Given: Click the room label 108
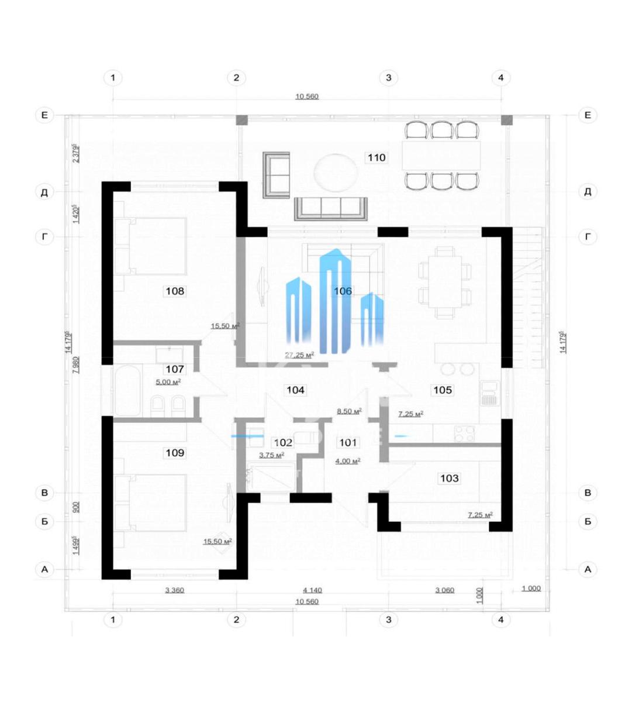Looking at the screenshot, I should (x=175, y=291).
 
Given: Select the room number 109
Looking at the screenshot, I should (x=175, y=452).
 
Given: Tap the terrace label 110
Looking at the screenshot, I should (x=376, y=157).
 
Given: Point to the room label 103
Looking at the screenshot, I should (x=449, y=478).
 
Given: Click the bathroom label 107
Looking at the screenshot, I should (x=175, y=369).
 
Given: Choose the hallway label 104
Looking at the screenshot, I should (x=295, y=390).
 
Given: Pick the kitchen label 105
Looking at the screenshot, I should (x=443, y=390).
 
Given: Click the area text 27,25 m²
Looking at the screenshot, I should (x=299, y=355).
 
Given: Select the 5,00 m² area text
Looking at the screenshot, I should (x=168, y=381).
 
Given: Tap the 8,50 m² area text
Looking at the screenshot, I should (x=348, y=411).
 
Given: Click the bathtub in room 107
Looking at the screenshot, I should (x=127, y=390).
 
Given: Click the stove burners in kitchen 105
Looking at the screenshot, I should (x=465, y=433).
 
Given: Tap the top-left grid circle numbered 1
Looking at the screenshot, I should (x=113, y=77).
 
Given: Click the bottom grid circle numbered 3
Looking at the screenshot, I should (x=388, y=620).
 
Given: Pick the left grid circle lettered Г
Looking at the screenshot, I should (x=44, y=237).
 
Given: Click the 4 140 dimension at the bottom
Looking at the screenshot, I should (x=312, y=590).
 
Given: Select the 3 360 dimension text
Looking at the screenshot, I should (x=174, y=590).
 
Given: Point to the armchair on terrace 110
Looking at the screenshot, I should (x=276, y=174).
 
